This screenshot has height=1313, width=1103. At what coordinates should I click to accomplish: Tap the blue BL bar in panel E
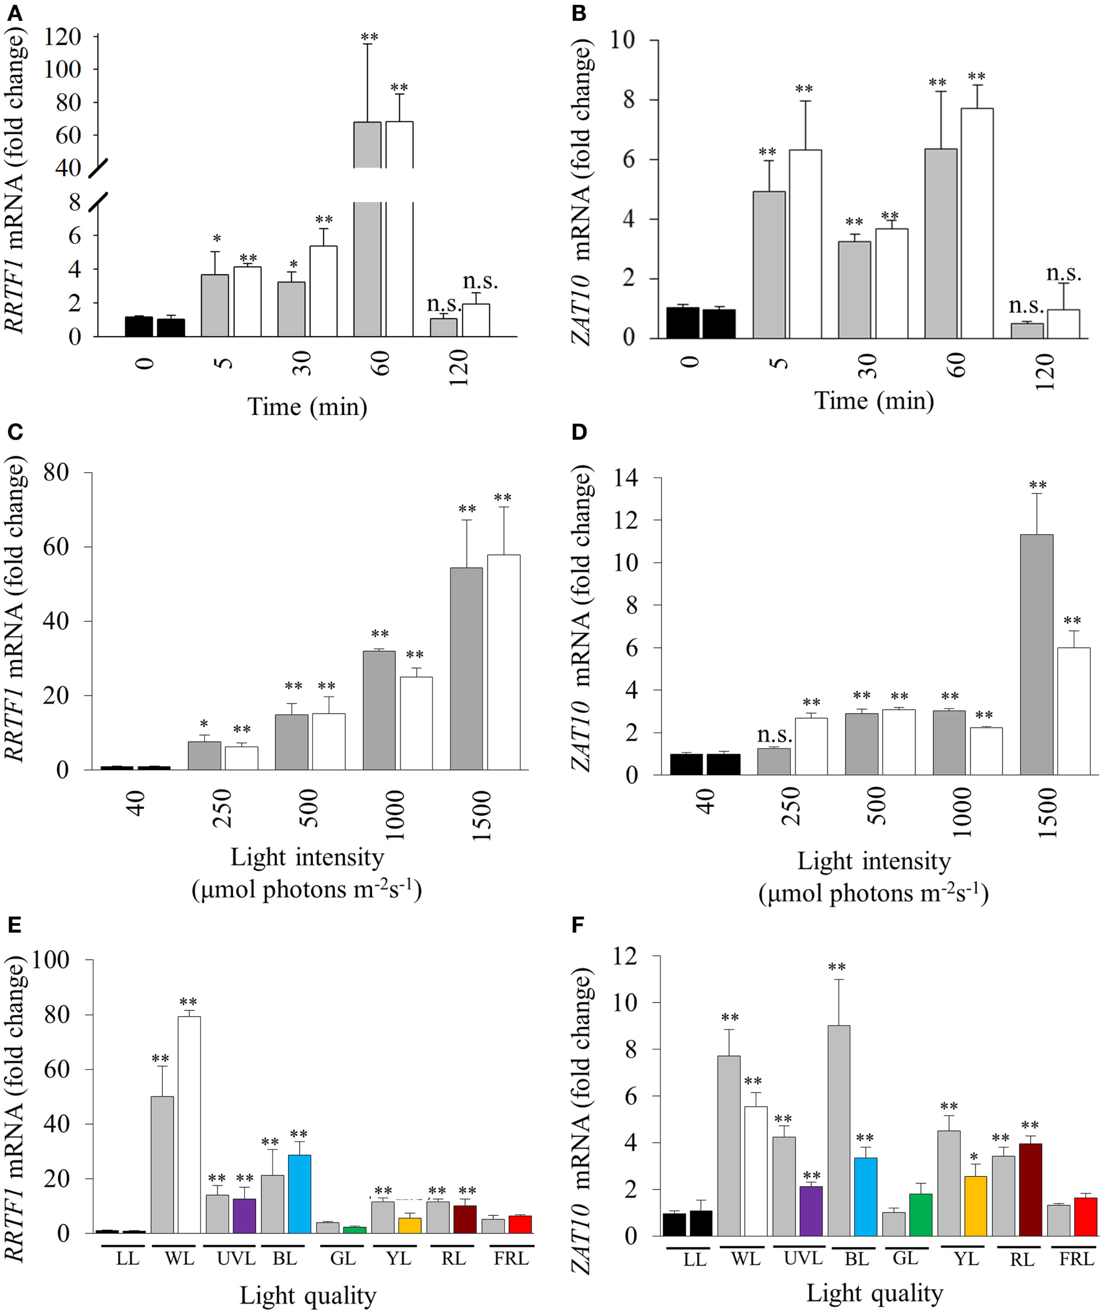coord(300,1194)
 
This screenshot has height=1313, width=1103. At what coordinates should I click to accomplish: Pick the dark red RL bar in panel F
coord(1030,1189)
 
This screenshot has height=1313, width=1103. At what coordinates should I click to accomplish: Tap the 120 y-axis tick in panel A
coord(63,37)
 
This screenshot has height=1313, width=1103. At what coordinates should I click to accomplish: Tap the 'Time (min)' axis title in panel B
coord(874,400)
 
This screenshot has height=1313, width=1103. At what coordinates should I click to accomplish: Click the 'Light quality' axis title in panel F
coord(874,1293)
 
